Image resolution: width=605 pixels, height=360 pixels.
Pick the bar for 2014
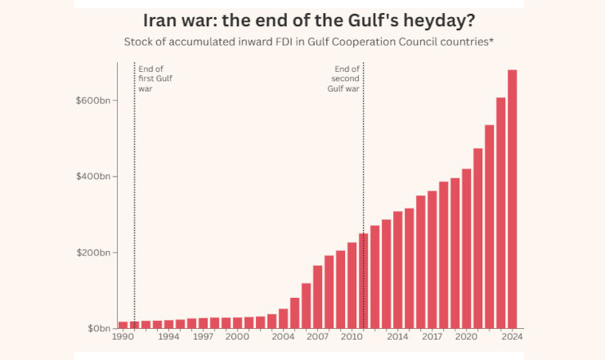(397, 270)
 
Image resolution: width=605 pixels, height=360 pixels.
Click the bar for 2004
(283, 318)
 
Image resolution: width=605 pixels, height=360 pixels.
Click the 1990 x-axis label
(123, 337)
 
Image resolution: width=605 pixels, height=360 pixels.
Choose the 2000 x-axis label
(237, 337)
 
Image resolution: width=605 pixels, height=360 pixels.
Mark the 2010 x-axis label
(352, 337)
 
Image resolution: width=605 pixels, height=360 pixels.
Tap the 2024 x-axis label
(512, 337)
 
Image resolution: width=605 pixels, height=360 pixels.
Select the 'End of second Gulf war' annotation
(347, 79)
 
